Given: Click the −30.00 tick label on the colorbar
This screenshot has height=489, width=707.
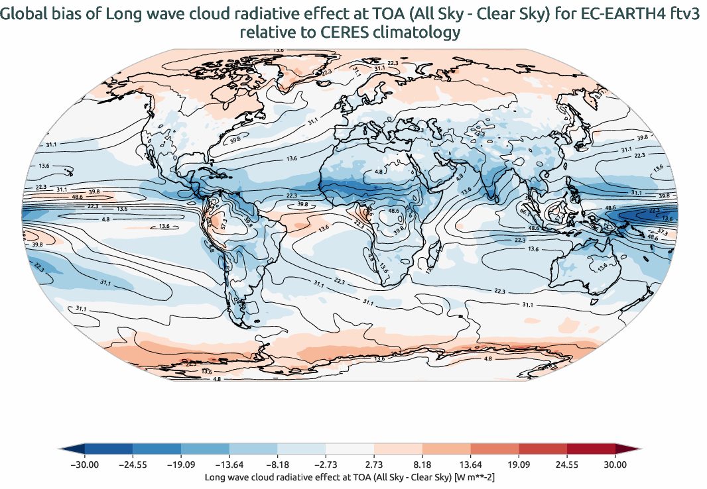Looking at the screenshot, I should click(84, 465).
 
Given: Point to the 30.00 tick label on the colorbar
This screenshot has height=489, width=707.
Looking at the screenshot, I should click(615, 465).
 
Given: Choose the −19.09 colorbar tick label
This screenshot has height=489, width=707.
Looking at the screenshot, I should click(180, 465).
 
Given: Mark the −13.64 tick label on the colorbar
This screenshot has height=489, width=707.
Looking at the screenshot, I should click(228, 465).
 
